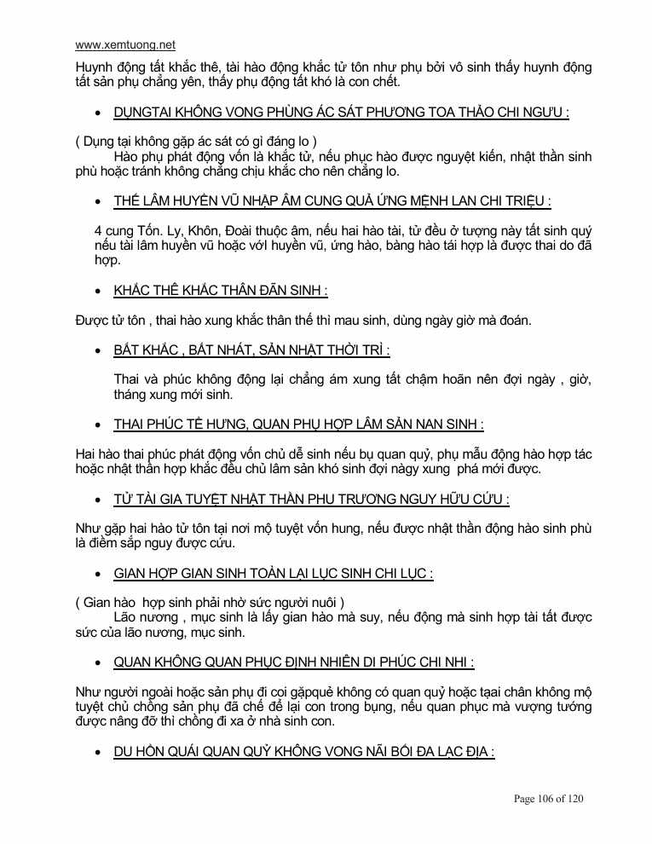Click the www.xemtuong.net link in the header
click(125, 45)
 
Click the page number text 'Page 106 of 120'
click(548, 799)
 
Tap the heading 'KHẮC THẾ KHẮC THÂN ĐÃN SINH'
click(221, 291)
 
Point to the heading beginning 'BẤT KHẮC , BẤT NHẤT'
click(251, 350)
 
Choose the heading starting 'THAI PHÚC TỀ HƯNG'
click(298, 424)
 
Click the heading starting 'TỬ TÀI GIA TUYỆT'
click(311, 499)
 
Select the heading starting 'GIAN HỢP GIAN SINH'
click(273, 574)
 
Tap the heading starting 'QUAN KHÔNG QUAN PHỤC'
click(293, 662)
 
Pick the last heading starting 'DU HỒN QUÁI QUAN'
click(303, 752)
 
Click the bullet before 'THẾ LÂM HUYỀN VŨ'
click(99, 202)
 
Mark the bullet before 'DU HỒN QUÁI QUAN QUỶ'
click(99, 753)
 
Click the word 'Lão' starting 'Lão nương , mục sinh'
click(127, 617)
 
